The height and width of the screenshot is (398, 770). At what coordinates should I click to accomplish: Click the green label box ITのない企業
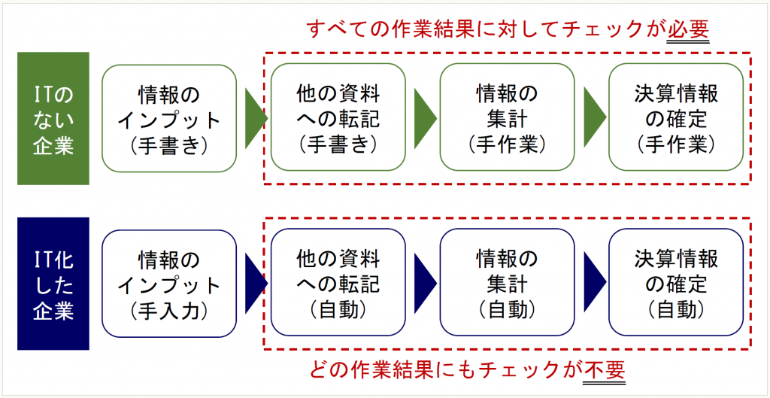pyautogui.click(x=53, y=118)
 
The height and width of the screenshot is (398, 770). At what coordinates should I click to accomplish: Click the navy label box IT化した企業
pyautogui.click(x=53, y=284)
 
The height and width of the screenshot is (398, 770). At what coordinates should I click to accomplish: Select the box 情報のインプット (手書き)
pyautogui.click(x=169, y=118)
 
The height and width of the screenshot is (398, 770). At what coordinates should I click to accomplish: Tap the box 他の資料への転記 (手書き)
pyautogui.click(x=338, y=118)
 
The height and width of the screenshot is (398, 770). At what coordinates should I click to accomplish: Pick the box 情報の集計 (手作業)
pyautogui.click(x=507, y=118)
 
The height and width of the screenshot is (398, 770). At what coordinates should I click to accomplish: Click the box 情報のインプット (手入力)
pyautogui.click(x=169, y=284)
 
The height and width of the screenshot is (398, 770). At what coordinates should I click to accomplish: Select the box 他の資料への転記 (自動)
pyautogui.click(x=338, y=284)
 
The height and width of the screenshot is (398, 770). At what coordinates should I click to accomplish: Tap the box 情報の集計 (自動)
pyautogui.click(x=507, y=284)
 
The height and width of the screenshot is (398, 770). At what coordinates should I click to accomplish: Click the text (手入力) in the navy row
pyautogui.click(x=169, y=309)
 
